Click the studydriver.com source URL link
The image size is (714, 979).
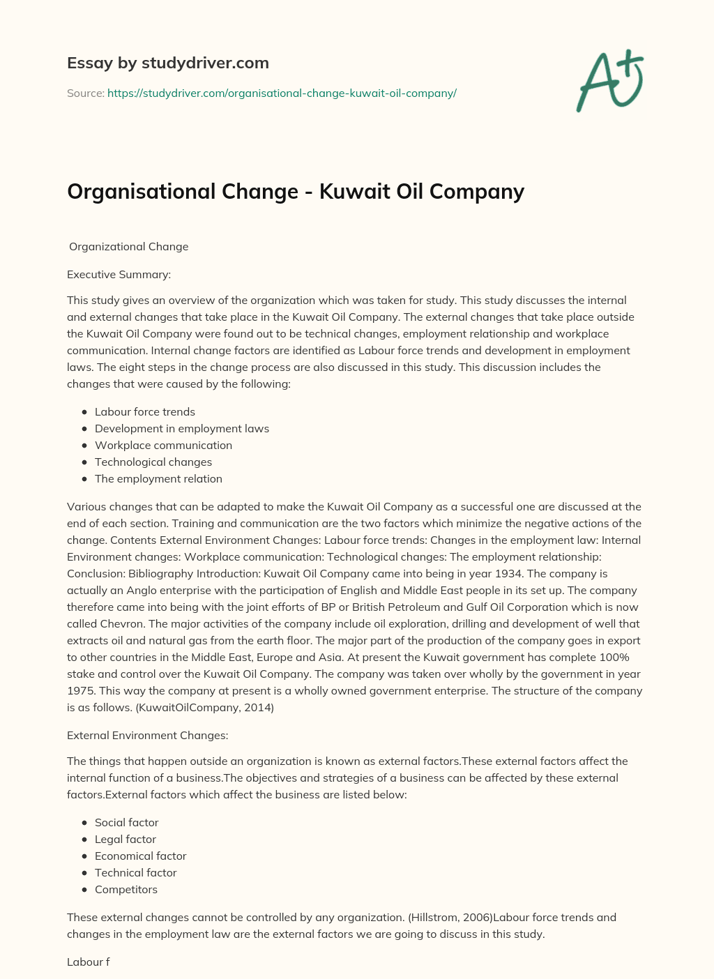(282, 93)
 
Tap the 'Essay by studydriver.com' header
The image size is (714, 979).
(168, 63)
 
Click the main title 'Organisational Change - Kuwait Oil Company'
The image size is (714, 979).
(296, 191)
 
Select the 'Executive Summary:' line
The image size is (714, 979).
(119, 274)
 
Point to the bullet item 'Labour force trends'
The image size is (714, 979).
(145, 411)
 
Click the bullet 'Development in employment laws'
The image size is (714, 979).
(182, 428)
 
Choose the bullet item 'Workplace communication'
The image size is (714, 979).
(163, 445)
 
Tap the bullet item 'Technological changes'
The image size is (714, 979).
(153, 462)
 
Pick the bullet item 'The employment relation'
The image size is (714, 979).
(158, 478)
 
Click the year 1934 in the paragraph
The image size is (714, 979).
(594, 573)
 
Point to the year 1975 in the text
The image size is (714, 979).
(81, 690)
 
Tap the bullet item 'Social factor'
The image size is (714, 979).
(127, 822)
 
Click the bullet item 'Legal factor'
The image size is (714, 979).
(126, 839)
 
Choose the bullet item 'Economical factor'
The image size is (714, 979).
(141, 856)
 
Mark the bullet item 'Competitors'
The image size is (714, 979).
(126, 889)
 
